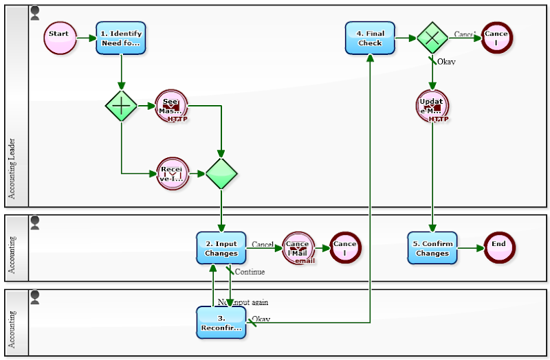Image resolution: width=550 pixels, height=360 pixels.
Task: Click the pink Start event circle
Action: pyautogui.click(x=60, y=37)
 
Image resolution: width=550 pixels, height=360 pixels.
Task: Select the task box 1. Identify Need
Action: pyautogui.click(x=121, y=37)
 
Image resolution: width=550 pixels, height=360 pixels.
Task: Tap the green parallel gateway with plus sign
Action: pyautogui.click(x=122, y=106)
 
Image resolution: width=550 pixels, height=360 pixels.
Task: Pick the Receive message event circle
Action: pyautogui.click(x=173, y=174)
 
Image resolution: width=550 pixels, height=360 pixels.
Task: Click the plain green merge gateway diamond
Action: pyautogui.click(x=221, y=174)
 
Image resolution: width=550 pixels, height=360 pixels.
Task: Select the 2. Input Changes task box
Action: pyautogui.click(x=221, y=248)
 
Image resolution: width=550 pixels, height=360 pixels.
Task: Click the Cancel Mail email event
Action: pyautogui.click(x=298, y=248)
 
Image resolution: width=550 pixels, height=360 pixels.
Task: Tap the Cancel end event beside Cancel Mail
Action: pyautogui.click(x=344, y=248)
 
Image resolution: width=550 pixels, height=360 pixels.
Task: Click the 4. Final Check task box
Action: pyautogui.click(x=370, y=38)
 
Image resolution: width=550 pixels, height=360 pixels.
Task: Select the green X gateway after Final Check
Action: pyautogui.click(x=432, y=38)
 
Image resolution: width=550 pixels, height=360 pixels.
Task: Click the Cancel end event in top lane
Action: pyautogui.click(x=496, y=38)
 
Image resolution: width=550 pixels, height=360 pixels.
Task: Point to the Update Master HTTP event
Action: pyautogui.click(x=432, y=106)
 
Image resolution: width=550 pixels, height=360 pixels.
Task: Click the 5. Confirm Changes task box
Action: pyautogui.click(x=432, y=248)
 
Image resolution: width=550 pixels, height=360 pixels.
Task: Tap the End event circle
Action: pyautogui.click(x=498, y=248)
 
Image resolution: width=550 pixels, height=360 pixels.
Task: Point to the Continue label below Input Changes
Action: pyautogui.click(x=250, y=272)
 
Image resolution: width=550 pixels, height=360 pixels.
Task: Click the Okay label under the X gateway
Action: pyautogui.click(x=446, y=62)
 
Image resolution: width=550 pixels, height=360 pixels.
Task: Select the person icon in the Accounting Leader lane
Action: pyautogui.click(x=35, y=12)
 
